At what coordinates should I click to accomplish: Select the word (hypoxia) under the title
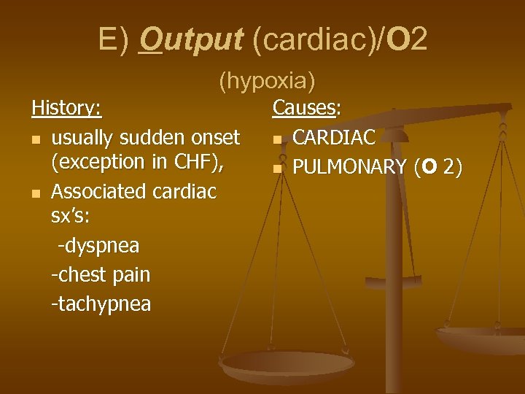267,81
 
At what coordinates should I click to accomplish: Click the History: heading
67,109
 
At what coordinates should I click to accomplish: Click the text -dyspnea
98,246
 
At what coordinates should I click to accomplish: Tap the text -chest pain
101,274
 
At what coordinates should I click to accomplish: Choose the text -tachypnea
101,303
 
